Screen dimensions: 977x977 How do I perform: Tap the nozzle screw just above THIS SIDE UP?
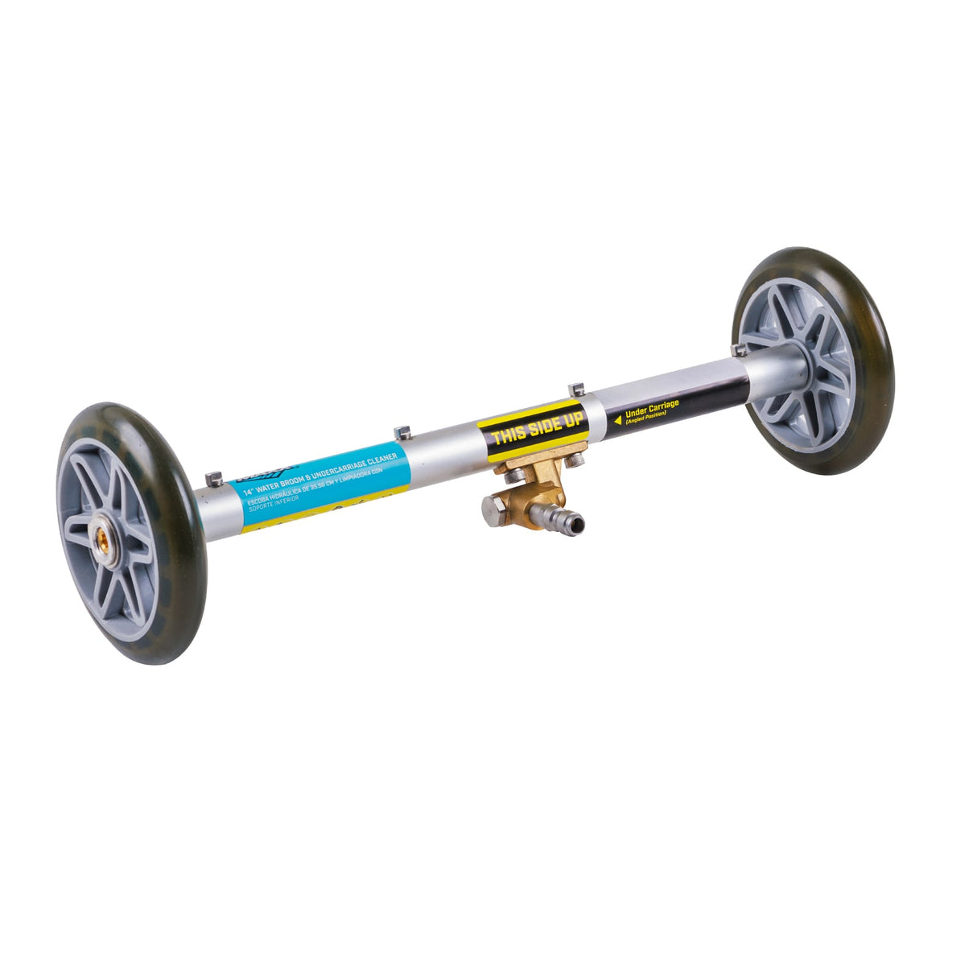pos(575,390)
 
